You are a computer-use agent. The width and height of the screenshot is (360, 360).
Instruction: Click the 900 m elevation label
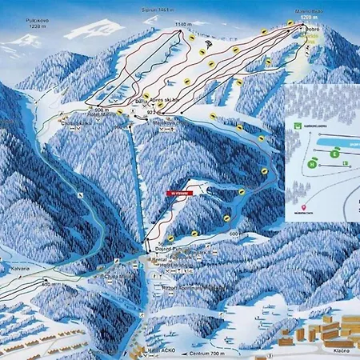(101, 109)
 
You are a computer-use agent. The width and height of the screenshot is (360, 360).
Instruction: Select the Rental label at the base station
(161, 258)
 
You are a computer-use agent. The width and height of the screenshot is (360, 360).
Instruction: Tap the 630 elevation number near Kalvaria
(46, 282)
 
